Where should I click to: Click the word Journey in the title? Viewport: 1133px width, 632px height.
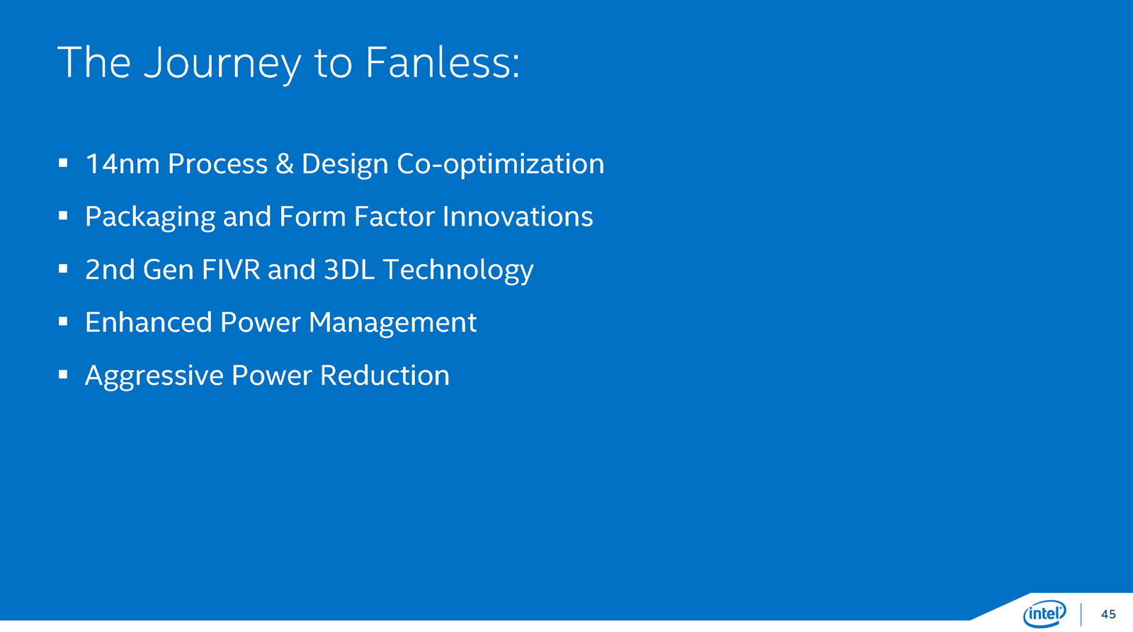[x=222, y=64]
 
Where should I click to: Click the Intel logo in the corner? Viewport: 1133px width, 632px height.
[x=1044, y=614]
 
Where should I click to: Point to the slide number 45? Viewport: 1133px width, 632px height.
[x=1108, y=614]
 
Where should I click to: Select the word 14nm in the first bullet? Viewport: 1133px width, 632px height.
[x=123, y=163]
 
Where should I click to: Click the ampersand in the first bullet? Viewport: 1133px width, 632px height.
[x=284, y=163]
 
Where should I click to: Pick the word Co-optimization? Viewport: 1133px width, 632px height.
[x=500, y=166]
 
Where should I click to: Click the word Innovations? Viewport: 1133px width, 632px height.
[x=518, y=217]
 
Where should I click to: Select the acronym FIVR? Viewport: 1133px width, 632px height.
[x=231, y=270]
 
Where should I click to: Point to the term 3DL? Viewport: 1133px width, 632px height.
[x=349, y=270]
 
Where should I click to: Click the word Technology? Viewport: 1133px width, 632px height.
[x=458, y=271]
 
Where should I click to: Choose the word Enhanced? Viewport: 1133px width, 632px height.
[x=148, y=322]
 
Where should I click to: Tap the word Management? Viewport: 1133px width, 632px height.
[x=392, y=323]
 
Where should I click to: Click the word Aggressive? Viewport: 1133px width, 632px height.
[x=154, y=377]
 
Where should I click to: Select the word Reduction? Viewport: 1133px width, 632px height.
[x=385, y=375]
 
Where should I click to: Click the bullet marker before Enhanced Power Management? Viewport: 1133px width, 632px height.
[x=63, y=321]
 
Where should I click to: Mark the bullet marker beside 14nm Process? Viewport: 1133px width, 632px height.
[x=63, y=163]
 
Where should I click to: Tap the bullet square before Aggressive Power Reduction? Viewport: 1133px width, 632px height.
[x=63, y=374]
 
